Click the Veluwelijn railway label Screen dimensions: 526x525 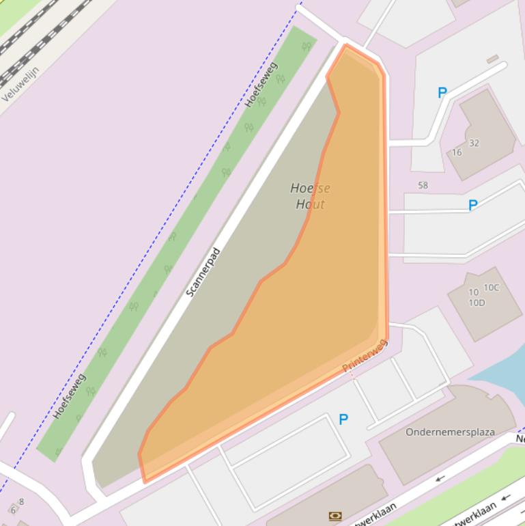coord(20,84)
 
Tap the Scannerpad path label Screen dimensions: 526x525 coord(203,272)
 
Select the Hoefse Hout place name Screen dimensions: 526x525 coord(310,196)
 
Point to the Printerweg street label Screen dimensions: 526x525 coord(365,356)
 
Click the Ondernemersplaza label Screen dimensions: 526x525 coord(450,432)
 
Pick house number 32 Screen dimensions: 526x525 coord(474,143)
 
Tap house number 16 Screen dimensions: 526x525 coord(457,152)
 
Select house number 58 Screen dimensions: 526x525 coord(423,185)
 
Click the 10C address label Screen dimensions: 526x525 coord(491,288)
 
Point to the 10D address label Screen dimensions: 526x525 coord(477,303)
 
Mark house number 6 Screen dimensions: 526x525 coord(12,510)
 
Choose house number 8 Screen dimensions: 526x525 coord(21,501)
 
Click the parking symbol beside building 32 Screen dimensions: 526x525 coord(442,93)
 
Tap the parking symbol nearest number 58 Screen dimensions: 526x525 coord(472,204)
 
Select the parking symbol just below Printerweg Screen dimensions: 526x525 coord(343,419)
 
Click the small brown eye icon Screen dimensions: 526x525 coord(335,516)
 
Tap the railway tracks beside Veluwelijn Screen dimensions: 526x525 coord(41,34)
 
